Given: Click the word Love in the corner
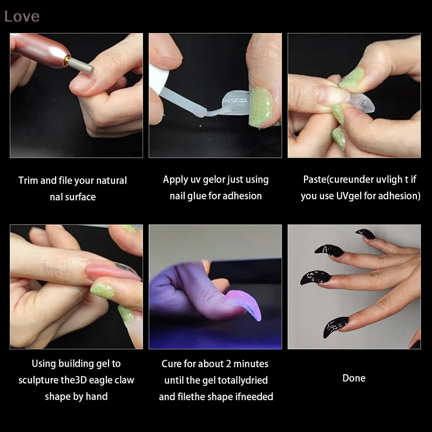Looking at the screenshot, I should (x=22, y=16).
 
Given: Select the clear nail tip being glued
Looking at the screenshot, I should (x=233, y=102).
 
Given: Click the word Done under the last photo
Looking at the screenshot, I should (x=354, y=378).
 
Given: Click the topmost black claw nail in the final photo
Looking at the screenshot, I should (x=366, y=233).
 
